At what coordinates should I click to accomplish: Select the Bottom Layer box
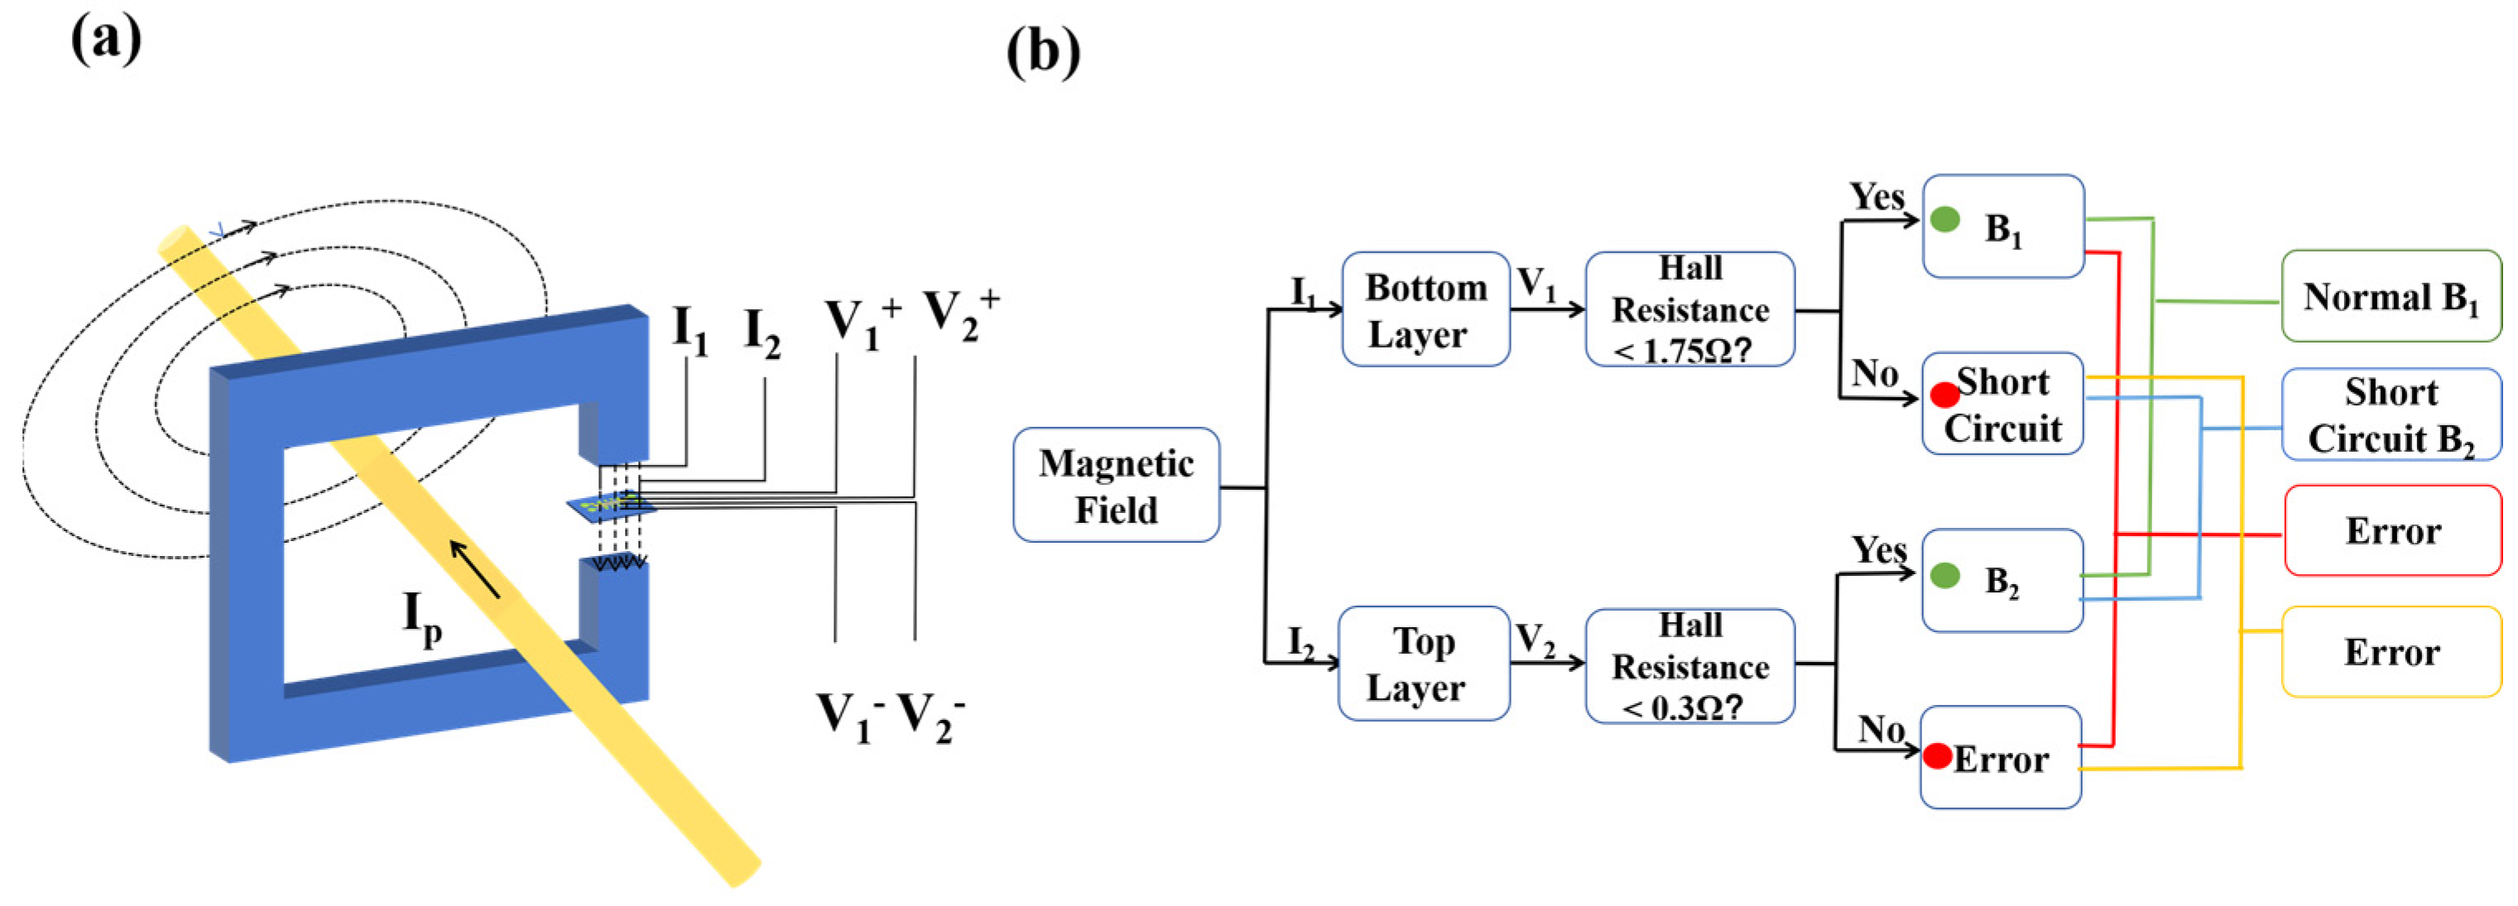[1425, 309]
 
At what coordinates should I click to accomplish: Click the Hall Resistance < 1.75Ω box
[1689, 309]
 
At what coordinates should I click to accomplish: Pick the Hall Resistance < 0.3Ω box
[1689, 665]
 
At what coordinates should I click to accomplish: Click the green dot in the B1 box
[1945, 220]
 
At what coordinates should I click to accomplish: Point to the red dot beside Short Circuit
[1944, 395]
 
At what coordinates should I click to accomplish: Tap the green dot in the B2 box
[1945, 576]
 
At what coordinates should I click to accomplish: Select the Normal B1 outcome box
[2390, 296]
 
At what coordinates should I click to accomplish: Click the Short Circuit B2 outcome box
[2390, 415]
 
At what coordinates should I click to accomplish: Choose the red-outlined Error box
[2392, 530]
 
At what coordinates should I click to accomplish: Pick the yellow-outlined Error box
[2391, 652]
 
